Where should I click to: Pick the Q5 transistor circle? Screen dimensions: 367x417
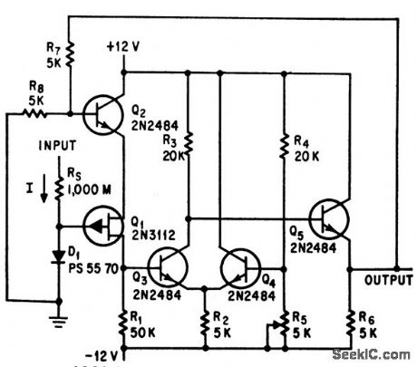(331, 217)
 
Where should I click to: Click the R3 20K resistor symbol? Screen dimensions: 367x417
(188, 143)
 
